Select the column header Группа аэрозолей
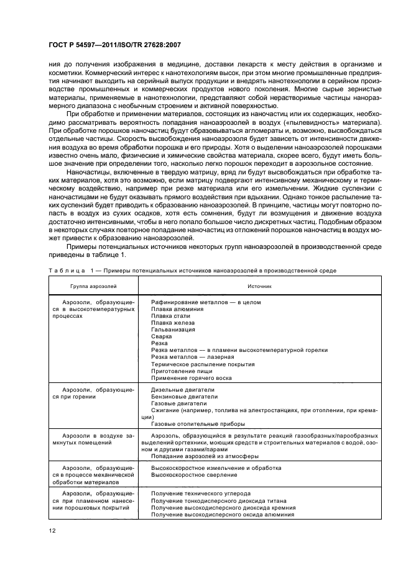pyautogui.click(x=93, y=287)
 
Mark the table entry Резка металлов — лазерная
pyautogui.click(x=192, y=357)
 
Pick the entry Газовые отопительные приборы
pyautogui.click(x=198, y=424)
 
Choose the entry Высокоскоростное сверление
pyautogui.click(x=193, y=475)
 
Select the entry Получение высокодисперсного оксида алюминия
pyautogui.click(x=223, y=514)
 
